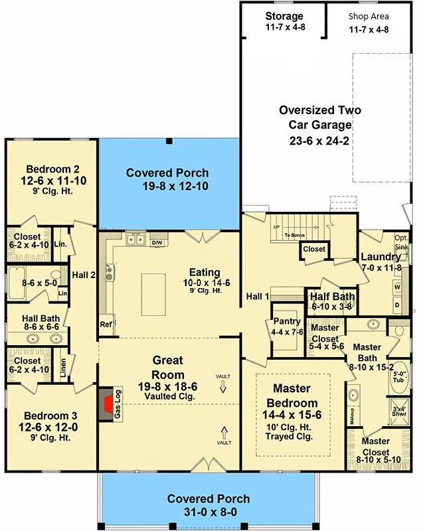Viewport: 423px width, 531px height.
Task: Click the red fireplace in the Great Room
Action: [x=109, y=404]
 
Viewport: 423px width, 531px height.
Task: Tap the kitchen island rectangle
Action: [x=153, y=295]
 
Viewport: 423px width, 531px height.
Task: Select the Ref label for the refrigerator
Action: [x=106, y=325]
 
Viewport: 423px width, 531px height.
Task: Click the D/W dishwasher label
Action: [x=157, y=242]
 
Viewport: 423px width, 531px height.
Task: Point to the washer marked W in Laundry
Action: [x=398, y=287]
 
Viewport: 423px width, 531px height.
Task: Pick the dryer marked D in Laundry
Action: [x=398, y=305]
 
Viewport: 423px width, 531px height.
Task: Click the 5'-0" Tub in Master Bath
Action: [x=399, y=378]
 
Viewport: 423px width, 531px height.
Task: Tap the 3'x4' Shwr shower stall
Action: [x=399, y=411]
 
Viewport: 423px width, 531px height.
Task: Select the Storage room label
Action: [x=284, y=16]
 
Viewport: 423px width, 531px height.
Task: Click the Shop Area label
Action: [x=369, y=16]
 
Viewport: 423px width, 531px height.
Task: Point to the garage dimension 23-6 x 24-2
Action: [x=319, y=141]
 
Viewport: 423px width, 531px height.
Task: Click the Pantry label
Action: [x=287, y=321]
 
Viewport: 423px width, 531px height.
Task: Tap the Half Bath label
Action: [x=332, y=296]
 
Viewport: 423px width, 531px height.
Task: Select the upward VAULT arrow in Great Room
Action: [x=224, y=433]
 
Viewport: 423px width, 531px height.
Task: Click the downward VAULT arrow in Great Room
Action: [x=223, y=386]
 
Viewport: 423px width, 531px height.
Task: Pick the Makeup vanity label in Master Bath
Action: [x=352, y=416]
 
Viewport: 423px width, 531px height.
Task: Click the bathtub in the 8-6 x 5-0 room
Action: [x=17, y=283]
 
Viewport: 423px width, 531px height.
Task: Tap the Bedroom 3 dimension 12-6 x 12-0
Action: [x=48, y=427]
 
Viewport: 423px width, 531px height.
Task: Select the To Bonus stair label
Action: [x=295, y=235]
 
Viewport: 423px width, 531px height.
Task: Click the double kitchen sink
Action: [x=135, y=239]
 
